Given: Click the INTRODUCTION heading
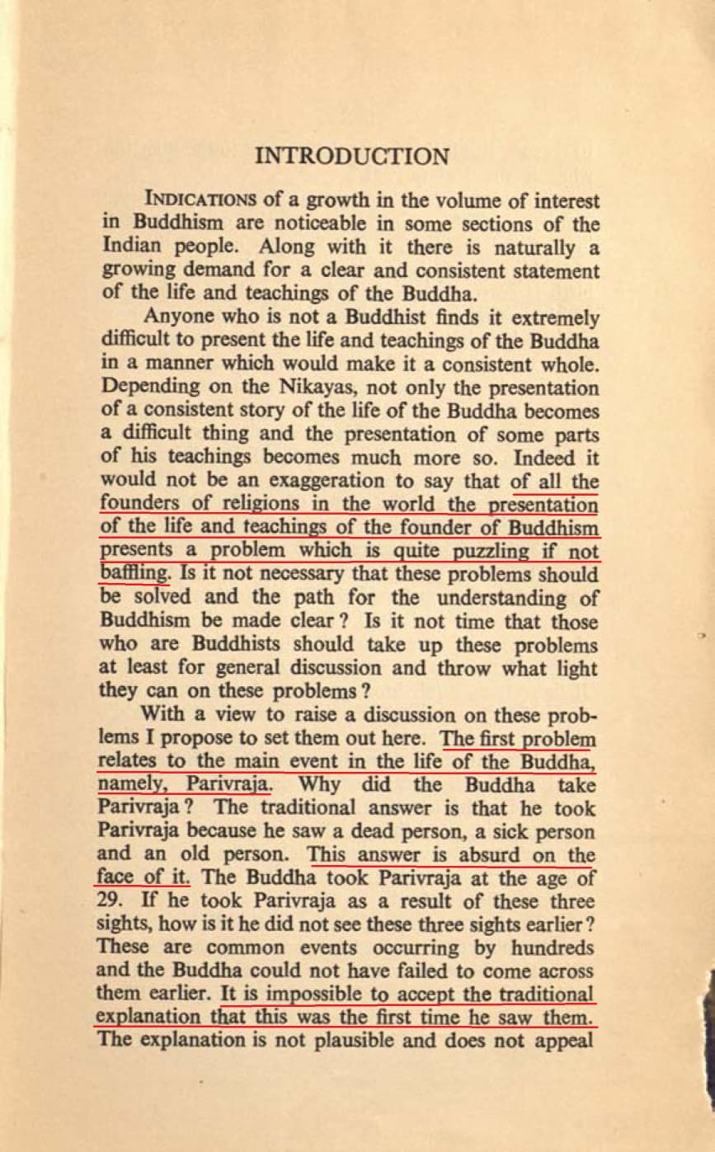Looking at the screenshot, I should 353,157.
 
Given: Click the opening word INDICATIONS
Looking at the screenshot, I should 192,200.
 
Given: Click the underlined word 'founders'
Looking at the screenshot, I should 134,503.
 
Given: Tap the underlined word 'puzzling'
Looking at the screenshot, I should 486,550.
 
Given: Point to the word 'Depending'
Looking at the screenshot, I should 141,388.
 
